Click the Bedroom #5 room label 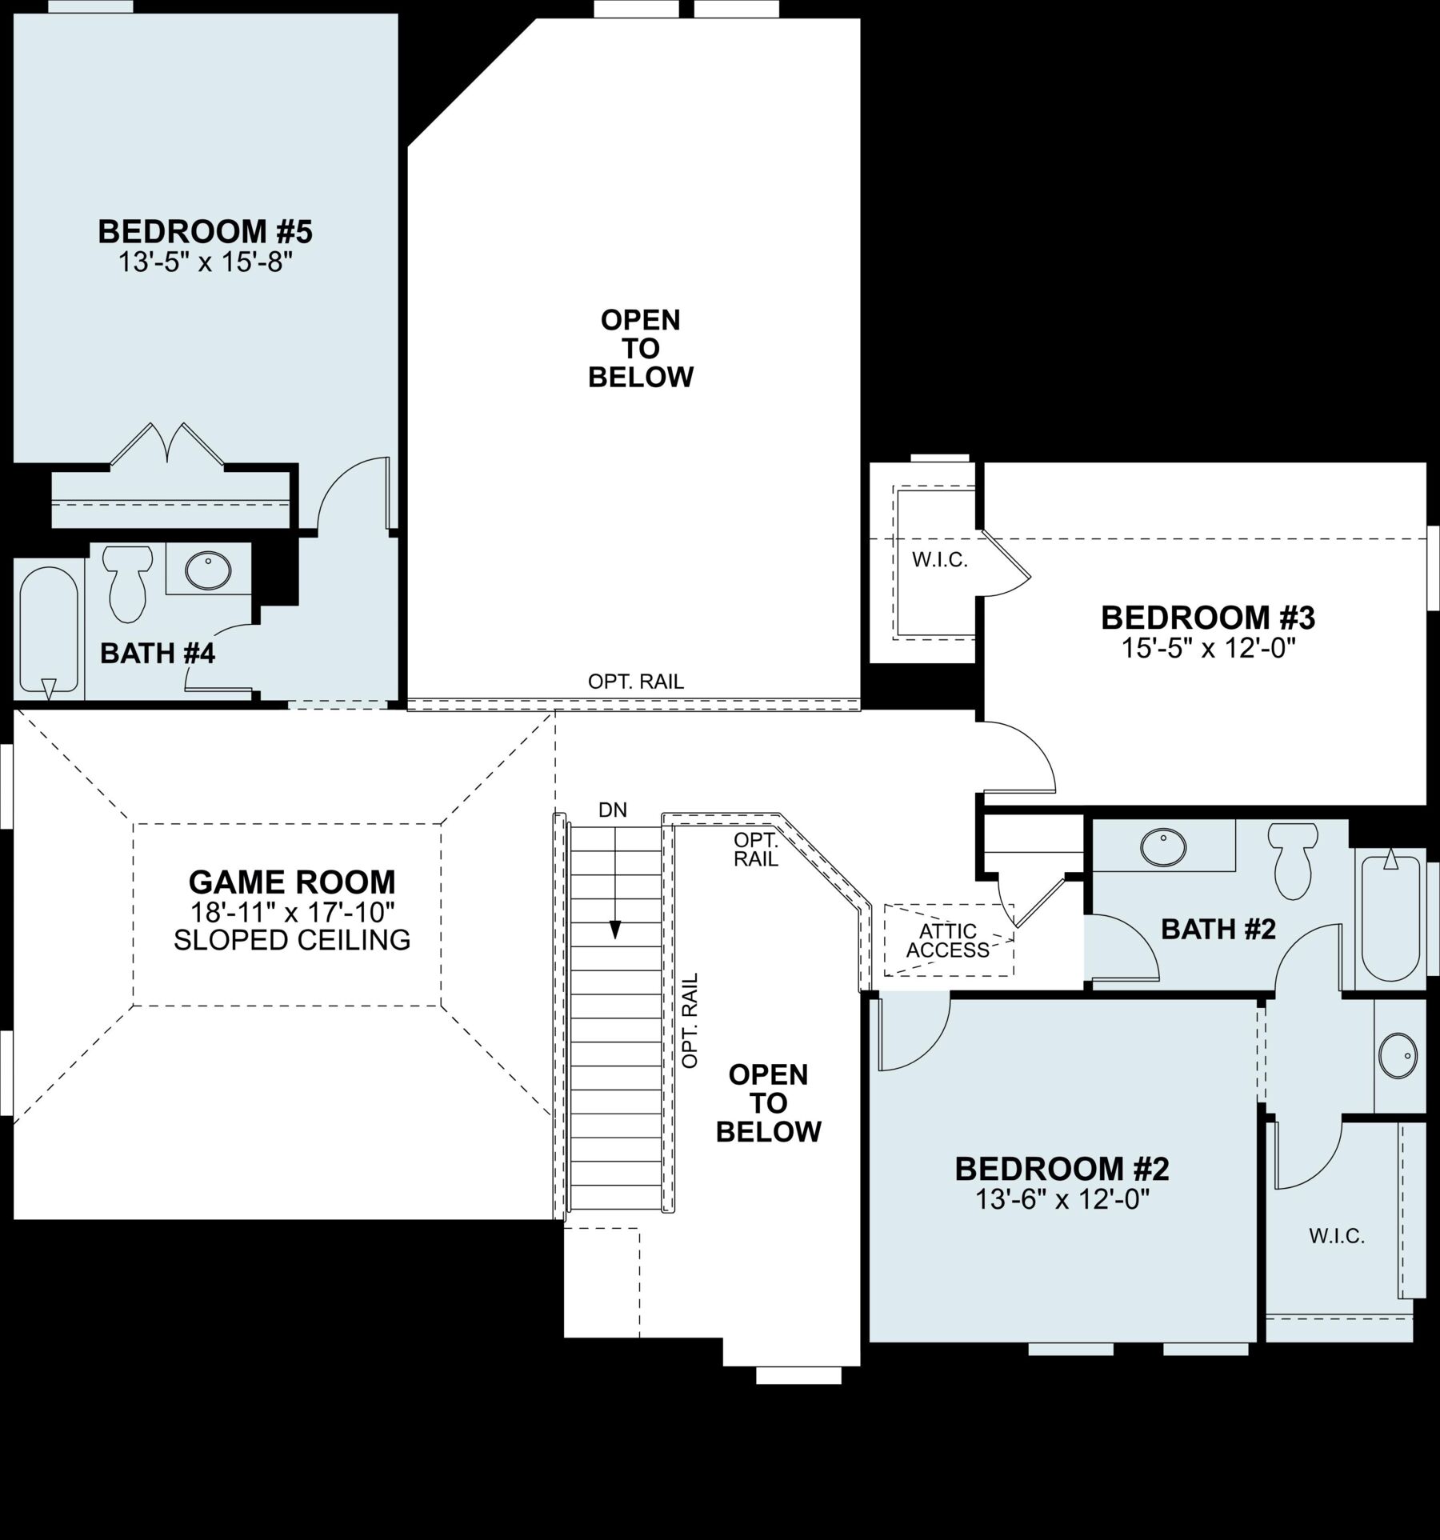(x=205, y=232)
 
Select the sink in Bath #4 (x=208, y=570)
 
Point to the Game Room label (x=292, y=882)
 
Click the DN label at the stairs (x=613, y=810)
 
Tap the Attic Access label (x=948, y=941)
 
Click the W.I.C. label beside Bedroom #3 (x=940, y=560)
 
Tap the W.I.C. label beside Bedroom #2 (x=1337, y=1236)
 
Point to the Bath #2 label (x=1218, y=930)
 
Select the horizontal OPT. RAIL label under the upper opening (x=636, y=682)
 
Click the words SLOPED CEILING (x=292, y=940)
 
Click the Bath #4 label (x=158, y=654)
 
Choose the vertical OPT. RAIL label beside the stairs (x=690, y=1020)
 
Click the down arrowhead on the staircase (x=614, y=929)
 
